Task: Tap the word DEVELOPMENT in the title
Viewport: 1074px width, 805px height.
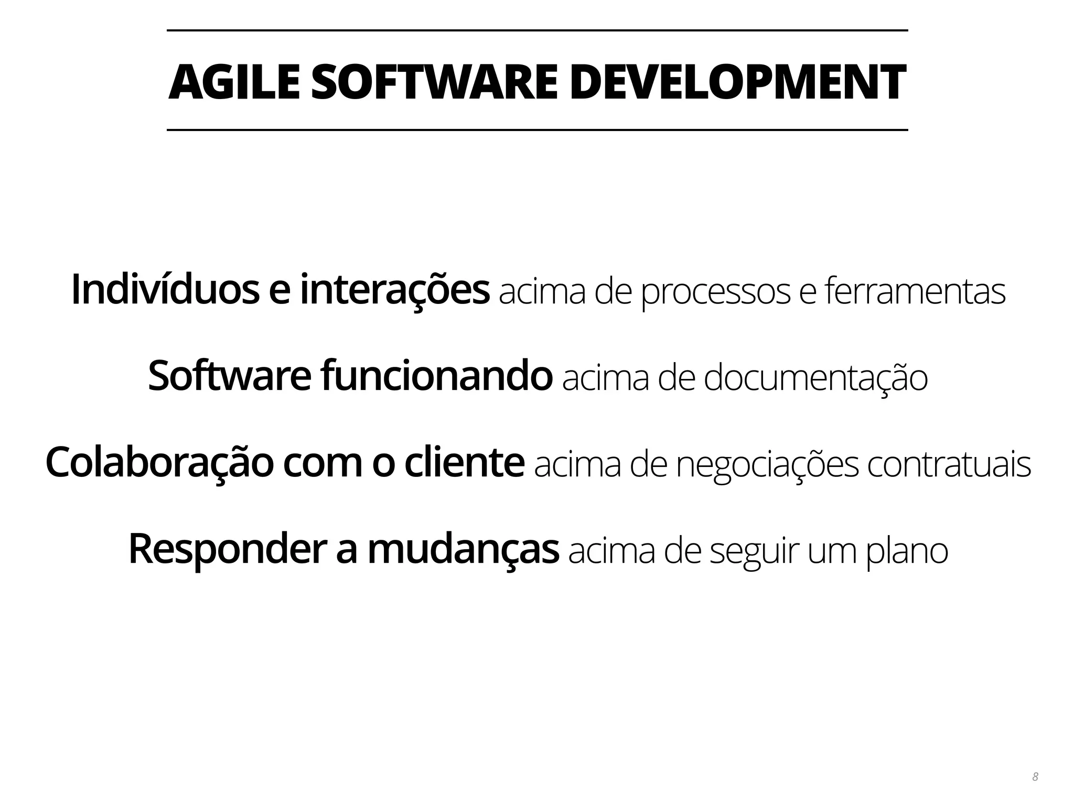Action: (737, 82)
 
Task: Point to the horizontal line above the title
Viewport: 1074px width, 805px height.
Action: (537, 30)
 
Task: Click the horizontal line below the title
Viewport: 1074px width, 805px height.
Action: (537, 129)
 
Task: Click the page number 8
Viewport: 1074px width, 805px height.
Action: (1035, 777)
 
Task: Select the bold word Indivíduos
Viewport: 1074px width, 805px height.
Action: (165, 290)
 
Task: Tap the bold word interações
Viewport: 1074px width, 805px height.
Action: (394, 290)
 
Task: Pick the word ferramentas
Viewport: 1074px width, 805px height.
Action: (915, 291)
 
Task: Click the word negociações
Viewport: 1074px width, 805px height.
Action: (767, 465)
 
